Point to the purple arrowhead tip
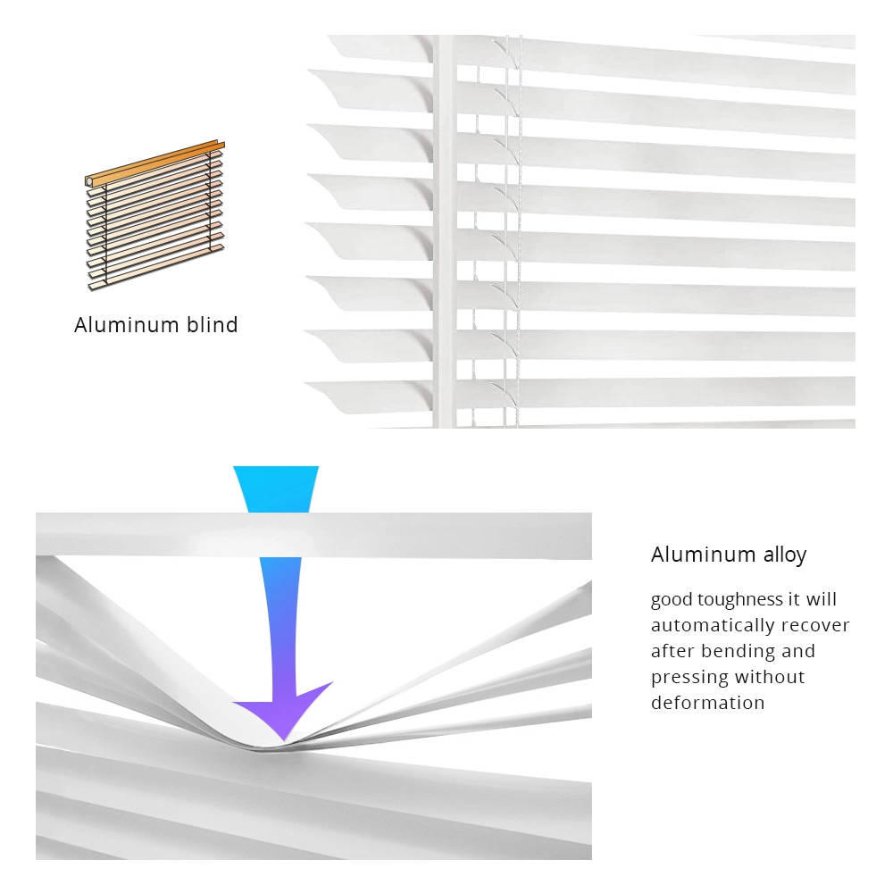point(282,738)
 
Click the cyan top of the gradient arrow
point(276,487)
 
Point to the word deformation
point(707,704)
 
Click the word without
point(770,678)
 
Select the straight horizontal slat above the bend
point(313,536)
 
